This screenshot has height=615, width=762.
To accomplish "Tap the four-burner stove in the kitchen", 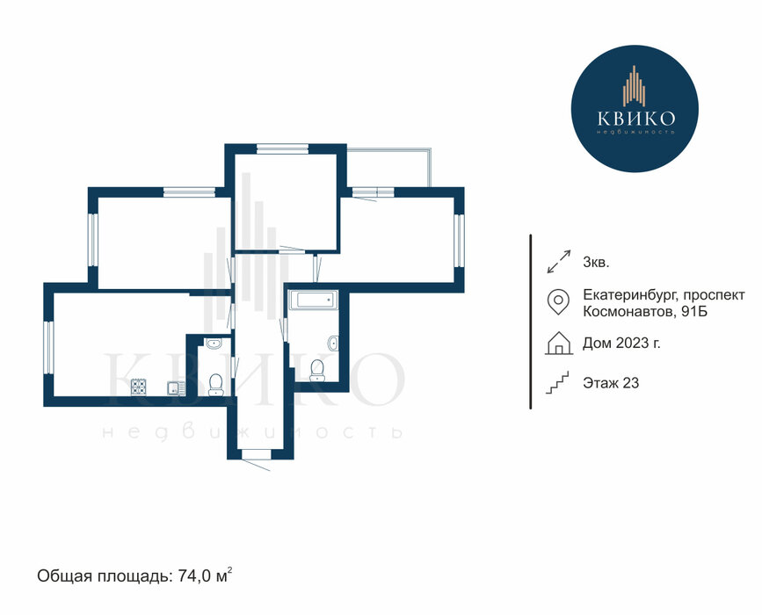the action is (139, 387).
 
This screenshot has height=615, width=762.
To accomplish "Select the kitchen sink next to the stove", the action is (175, 388).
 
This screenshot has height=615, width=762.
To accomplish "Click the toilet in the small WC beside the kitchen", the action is (214, 385).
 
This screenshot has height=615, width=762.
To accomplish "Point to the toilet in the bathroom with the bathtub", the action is (317, 370).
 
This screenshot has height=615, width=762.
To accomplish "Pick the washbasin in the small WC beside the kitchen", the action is (214, 344).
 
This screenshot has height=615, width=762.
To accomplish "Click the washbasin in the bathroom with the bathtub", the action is (333, 343).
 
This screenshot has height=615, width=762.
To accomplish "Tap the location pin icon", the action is (558, 301).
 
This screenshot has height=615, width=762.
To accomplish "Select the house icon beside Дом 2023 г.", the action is (559, 343).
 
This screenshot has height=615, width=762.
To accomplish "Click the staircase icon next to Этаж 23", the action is (557, 383).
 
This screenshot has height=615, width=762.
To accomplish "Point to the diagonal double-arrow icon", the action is (558, 261).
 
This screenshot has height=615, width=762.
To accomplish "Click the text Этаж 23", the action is (611, 383).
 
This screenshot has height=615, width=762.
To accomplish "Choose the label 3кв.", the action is (596, 263).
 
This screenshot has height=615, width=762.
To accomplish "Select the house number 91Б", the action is (694, 311).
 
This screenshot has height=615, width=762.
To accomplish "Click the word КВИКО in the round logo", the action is (635, 118).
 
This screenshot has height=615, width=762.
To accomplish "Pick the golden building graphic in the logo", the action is (635, 86).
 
